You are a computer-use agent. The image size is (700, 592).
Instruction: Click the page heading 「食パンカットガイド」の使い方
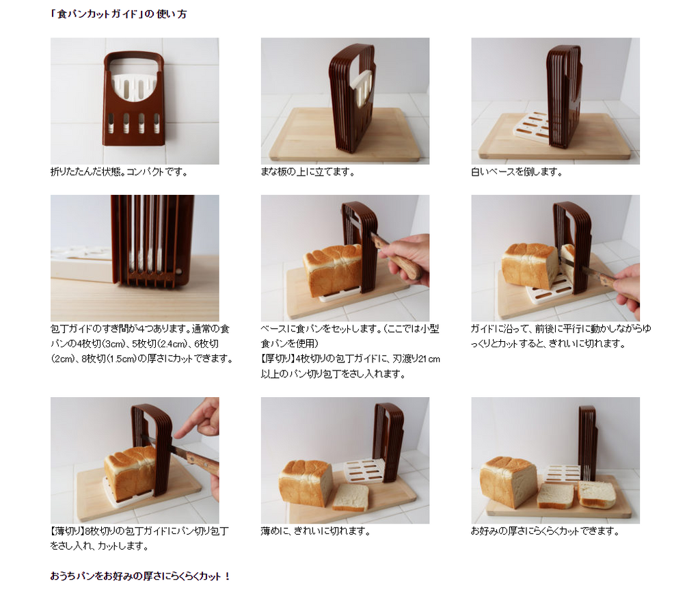pos(118,14)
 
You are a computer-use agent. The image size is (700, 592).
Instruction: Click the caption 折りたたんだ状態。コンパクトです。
pos(119,172)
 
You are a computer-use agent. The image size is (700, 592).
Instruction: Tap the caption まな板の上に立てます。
pos(308,172)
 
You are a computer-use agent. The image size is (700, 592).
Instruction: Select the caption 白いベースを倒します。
pos(517,172)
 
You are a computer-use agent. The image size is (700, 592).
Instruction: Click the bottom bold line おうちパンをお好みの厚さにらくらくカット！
pos(140,576)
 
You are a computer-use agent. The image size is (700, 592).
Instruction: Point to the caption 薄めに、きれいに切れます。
pos(316,531)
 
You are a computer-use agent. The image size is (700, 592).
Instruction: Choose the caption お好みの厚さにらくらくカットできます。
pos(545,531)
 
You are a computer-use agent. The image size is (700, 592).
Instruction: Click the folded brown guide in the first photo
pos(134,98)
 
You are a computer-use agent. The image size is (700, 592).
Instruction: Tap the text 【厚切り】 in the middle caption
pos(278,359)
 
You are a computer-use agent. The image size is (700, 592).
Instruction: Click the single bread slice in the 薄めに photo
pos(351,497)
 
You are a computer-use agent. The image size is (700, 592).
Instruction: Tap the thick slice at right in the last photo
pos(597,494)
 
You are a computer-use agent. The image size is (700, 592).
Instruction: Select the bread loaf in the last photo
pos(508,481)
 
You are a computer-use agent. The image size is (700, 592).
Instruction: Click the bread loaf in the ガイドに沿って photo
pos(530,265)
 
